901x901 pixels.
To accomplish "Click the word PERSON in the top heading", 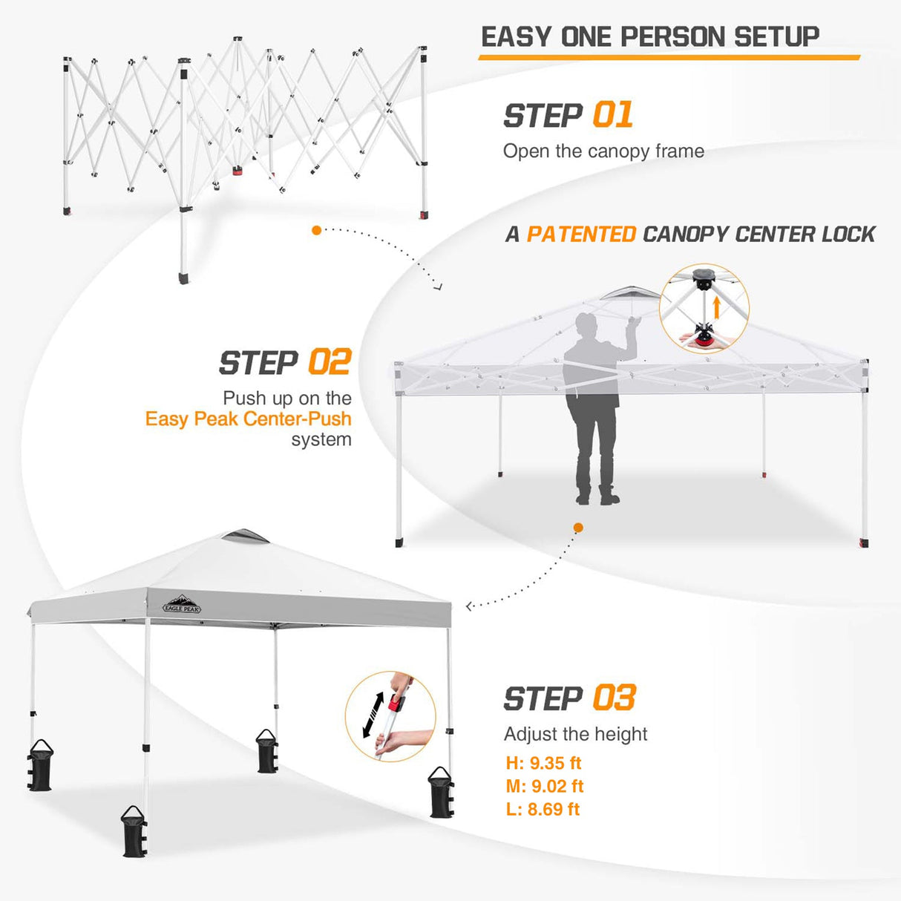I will [672, 36].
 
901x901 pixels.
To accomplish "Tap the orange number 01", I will [613, 115].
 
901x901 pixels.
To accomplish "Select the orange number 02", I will [329, 363].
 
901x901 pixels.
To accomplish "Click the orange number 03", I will [615, 698].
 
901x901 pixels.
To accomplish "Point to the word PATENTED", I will [581, 235].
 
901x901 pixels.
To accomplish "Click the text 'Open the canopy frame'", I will [603, 151].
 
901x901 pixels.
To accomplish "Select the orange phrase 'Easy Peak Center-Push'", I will [248, 419].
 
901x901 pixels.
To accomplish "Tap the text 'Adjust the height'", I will [575, 734].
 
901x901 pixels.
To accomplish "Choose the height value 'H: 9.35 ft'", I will [543, 763].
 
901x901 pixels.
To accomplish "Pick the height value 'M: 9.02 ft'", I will [545, 786].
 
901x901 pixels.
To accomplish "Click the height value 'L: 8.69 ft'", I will [543, 809].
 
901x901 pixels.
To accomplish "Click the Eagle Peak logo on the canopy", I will [182, 604].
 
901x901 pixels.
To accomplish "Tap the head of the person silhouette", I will [587, 327].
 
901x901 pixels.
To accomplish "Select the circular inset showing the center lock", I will [704, 308].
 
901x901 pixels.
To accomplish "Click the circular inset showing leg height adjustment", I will [390, 717].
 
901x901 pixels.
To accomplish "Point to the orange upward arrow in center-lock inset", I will [716, 308].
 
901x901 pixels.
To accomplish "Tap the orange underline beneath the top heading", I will [669, 57].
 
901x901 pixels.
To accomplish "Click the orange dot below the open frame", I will [317, 231].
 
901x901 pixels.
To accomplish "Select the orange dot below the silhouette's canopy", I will [578, 528].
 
